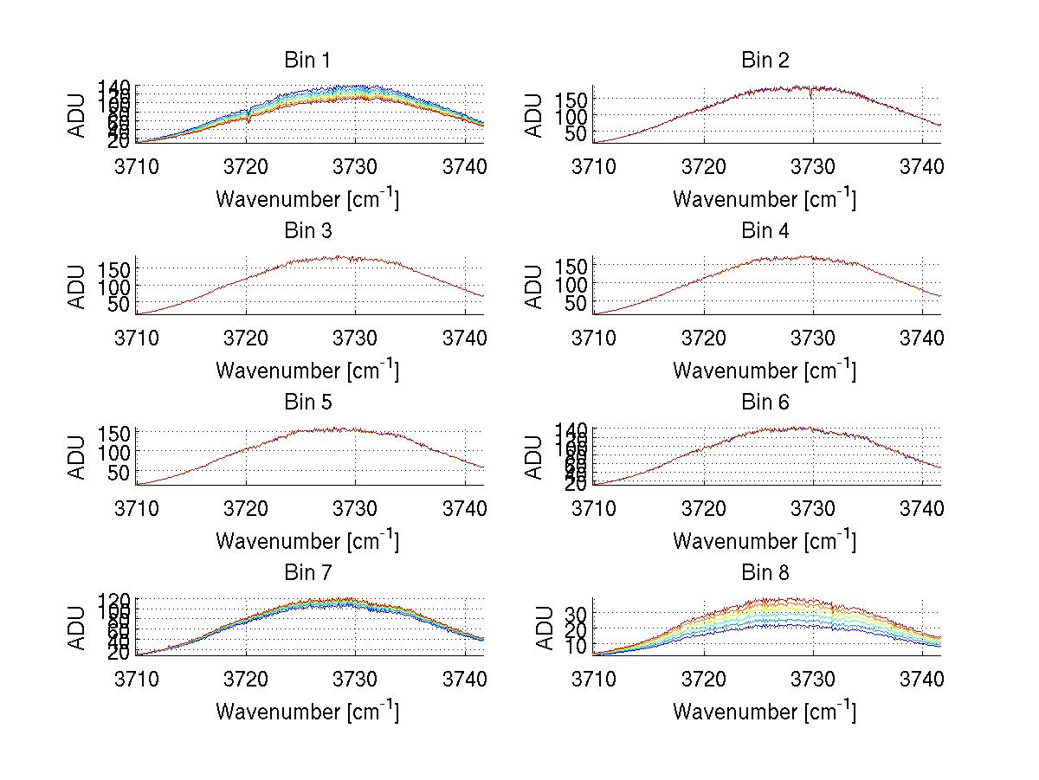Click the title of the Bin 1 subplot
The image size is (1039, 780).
click(307, 61)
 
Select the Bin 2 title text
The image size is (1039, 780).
click(765, 61)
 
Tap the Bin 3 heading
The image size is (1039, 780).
click(307, 231)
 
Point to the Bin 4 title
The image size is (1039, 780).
click(765, 231)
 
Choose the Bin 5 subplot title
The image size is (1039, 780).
click(307, 403)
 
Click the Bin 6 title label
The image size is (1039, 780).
click(765, 403)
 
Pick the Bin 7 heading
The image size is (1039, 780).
click(307, 573)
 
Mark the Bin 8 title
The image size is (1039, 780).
click(765, 573)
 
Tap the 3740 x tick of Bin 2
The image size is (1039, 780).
click(922, 165)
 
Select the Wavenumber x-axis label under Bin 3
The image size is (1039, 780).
click(307, 371)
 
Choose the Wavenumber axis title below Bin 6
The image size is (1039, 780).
click(765, 541)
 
